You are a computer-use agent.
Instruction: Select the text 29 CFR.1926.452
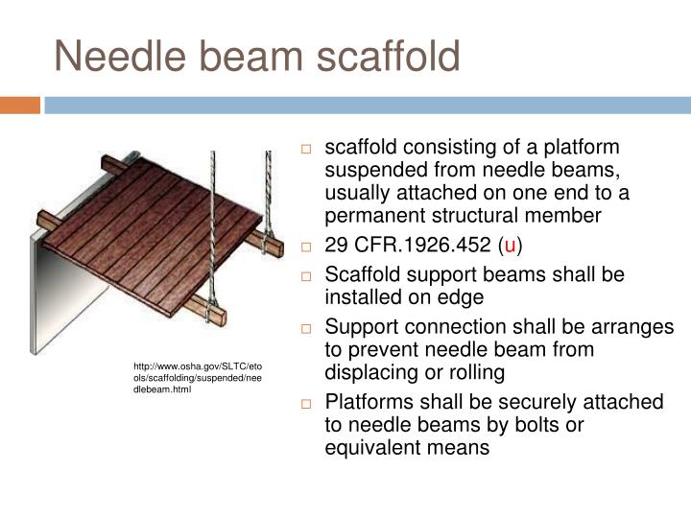406,246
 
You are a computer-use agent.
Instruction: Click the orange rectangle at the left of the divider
20,105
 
